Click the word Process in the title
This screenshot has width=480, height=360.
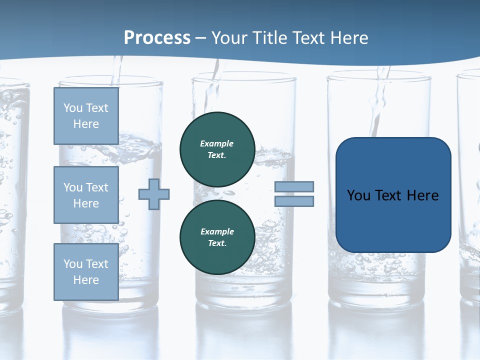157,37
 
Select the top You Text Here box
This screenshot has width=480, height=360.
86,116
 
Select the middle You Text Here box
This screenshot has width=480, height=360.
86,195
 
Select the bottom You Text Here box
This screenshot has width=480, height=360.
86,272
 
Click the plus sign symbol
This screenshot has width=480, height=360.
154,194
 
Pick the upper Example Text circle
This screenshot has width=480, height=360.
217,149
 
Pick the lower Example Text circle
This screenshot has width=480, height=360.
217,237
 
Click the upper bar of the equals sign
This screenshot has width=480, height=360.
294,186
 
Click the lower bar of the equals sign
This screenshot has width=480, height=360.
294,201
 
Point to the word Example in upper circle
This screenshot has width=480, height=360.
217,143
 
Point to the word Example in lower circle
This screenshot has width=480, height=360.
217,231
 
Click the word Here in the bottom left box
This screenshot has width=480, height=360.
86,280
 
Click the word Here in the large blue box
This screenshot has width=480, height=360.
422,195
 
